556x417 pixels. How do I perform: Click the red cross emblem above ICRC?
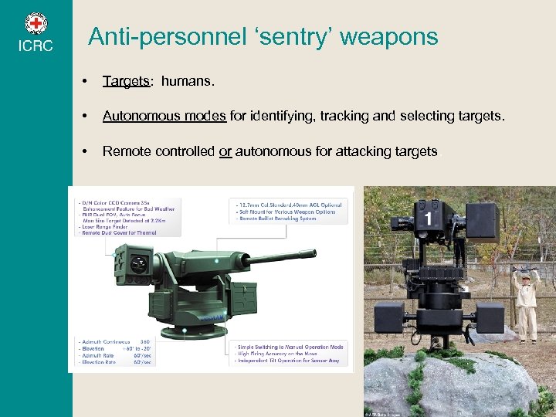coord(36,23)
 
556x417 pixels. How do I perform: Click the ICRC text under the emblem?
coord(36,46)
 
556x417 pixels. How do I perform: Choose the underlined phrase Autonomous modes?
coord(164,117)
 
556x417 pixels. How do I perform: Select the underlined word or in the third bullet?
coord(225,151)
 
